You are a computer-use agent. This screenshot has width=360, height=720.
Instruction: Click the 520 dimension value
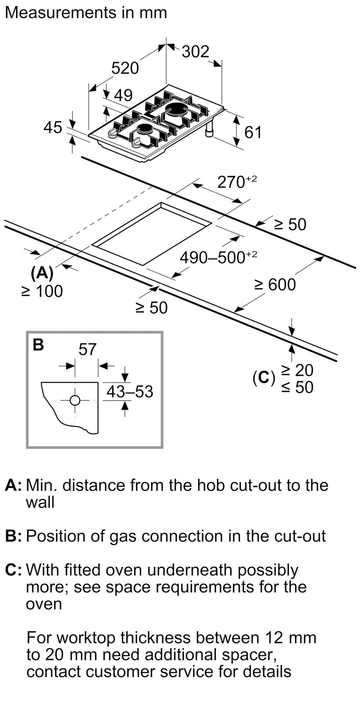pos(125,68)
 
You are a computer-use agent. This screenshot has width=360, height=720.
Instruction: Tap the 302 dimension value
pos(195,51)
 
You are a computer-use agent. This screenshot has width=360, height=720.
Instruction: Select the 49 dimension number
pos(123,95)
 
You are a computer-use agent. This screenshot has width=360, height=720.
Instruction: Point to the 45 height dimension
pos(53,127)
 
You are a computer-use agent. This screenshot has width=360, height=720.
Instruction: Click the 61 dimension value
pos(253,132)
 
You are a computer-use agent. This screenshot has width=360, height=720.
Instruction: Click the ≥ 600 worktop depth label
pos(275,285)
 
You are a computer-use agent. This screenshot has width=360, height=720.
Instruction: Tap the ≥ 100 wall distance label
pos(42,291)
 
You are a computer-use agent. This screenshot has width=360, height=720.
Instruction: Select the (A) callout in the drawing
pos(42,273)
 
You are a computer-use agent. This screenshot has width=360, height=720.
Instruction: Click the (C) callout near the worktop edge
pos(264,378)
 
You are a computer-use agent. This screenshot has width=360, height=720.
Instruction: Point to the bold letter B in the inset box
pos(38,345)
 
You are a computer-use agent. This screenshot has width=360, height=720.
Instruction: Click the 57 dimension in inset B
pos(87,349)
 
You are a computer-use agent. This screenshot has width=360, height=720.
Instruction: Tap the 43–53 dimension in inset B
pos(130,392)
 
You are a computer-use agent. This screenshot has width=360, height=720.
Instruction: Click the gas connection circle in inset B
pos(75,400)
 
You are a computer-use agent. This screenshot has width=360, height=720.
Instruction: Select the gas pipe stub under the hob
pos(209,130)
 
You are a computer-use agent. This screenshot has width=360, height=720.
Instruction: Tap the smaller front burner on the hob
pos(144,129)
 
